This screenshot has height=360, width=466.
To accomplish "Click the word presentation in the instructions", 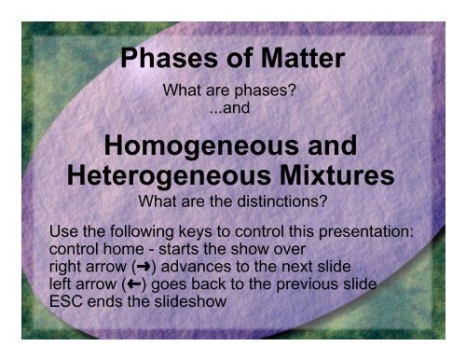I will point(376,228).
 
